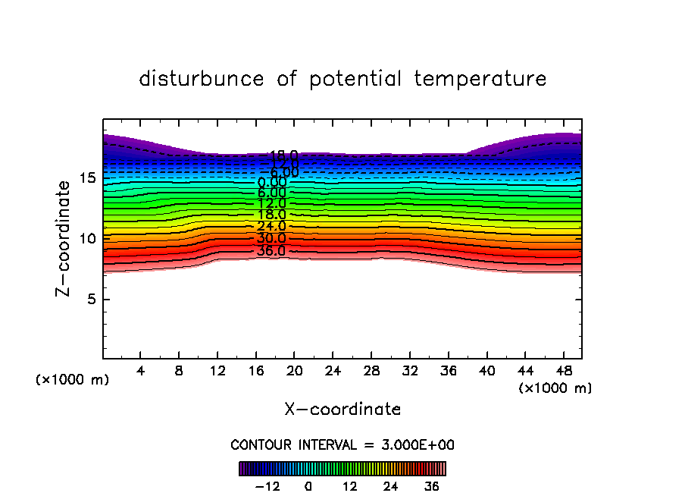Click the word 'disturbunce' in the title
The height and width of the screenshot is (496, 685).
(202, 79)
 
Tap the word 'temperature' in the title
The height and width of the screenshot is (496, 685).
(480, 79)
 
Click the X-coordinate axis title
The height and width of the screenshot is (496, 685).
(342, 410)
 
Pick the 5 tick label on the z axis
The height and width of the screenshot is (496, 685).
(90, 299)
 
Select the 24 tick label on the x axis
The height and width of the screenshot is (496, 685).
(333, 372)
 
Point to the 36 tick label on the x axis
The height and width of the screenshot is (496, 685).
(448, 372)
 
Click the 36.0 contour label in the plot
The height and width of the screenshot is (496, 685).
(271, 251)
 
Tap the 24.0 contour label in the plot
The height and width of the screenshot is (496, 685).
(271, 226)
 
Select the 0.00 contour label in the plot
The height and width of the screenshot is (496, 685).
(272, 182)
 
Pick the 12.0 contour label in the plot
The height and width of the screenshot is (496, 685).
(271, 203)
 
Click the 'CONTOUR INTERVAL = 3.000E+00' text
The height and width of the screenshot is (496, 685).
(342, 444)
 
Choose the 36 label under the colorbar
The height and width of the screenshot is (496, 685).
(432, 486)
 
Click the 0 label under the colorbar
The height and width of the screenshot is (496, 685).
(308, 486)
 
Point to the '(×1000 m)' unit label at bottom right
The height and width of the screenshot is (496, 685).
(555, 388)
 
